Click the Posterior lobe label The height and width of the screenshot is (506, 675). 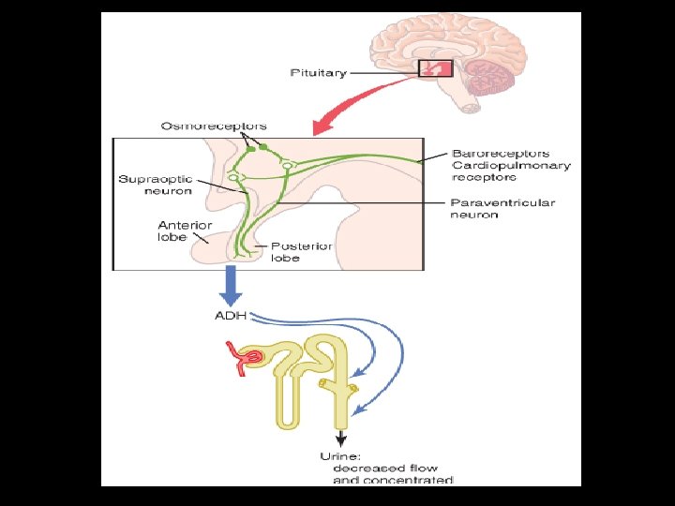pyautogui.click(x=302, y=252)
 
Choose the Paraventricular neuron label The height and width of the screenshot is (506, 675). pyautogui.click(x=502, y=209)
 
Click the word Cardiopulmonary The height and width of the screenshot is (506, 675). pyautogui.click(x=511, y=166)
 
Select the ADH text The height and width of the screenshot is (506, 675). pyautogui.click(x=230, y=316)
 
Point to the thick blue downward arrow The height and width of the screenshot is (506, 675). pyautogui.click(x=231, y=285)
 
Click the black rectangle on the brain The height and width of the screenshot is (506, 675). pyautogui.click(x=435, y=67)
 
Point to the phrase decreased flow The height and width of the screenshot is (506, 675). pyautogui.click(x=379, y=468)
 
